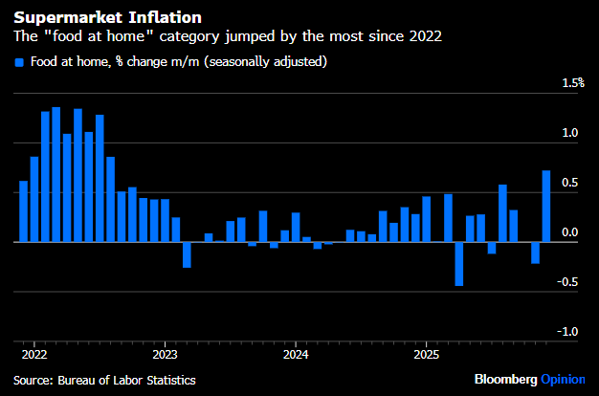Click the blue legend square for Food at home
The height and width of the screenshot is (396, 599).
tap(19, 62)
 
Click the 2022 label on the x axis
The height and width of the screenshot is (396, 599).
tap(33, 354)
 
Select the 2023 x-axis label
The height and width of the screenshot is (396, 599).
tap(165, 354)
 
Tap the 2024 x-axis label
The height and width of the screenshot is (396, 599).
tap(296, 354)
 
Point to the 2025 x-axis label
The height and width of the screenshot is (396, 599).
tap(427, 354)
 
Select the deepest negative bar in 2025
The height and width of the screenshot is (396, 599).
tap(459, 264)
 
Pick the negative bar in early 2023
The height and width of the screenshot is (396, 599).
tap(187, 254)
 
